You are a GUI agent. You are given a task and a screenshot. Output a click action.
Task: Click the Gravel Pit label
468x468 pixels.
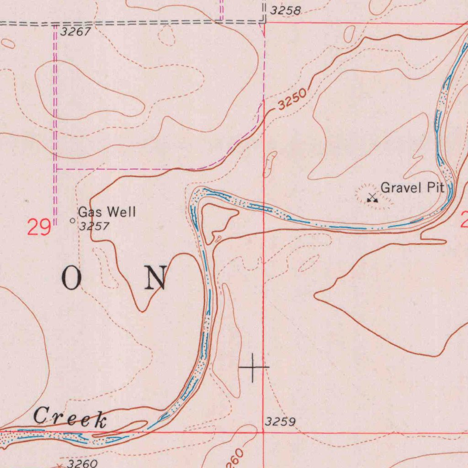(412, 188)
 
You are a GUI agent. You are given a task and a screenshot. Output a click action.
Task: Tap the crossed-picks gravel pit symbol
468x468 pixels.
(372, 198)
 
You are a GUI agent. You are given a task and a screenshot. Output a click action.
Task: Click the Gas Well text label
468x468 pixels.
(107, 212)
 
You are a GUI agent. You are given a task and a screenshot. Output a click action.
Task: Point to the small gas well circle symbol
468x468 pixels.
(72, 221)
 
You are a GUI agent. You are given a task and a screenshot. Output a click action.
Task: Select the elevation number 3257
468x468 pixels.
(94, 226)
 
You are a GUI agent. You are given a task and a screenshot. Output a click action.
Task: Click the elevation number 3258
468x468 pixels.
(286, 11)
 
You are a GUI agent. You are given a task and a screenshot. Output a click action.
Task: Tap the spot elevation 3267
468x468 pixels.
(76, 32)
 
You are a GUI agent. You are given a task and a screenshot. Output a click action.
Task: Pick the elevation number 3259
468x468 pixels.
(280, 422)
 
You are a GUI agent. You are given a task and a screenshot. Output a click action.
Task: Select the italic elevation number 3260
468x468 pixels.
(82, 463)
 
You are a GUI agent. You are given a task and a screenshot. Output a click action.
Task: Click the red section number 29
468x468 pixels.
(38, 227)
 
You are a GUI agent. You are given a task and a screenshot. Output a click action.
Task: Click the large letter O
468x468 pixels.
(71, 279)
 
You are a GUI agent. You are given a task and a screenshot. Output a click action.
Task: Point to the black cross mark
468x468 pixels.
(254, 367)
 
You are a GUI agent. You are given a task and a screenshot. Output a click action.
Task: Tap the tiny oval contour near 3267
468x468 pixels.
(8, 43)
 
